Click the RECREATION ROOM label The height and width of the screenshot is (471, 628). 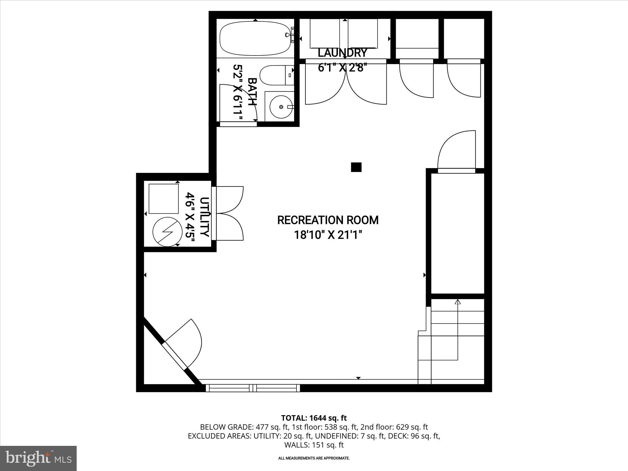(328, 220)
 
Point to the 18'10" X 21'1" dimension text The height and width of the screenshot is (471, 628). (328, 235)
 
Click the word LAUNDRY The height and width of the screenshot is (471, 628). (342, 53)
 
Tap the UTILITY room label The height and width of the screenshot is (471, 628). (205, 217)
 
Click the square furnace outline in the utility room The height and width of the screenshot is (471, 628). (163, 199)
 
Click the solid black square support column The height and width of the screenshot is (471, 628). (356, 167)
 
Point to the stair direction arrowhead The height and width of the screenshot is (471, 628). (458, 302)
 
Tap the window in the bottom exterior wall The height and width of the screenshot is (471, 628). (253, 388)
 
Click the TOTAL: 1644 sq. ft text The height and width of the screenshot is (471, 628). (314, 418)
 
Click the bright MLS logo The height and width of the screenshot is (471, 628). (38, 458)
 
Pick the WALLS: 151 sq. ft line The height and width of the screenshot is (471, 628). (314, 445)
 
